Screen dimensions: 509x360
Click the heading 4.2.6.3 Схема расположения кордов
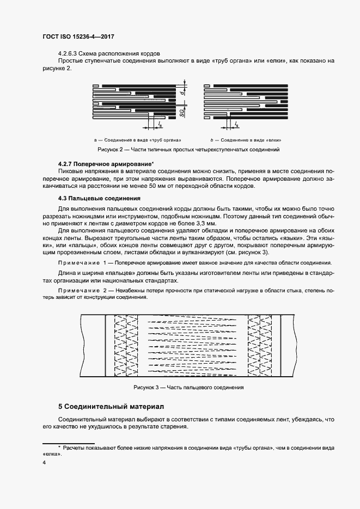pos(108,53)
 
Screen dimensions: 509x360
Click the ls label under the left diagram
pos(160,125)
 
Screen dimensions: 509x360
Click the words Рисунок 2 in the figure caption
pos(111,149)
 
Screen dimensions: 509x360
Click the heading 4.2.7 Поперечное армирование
pos(105,164)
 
